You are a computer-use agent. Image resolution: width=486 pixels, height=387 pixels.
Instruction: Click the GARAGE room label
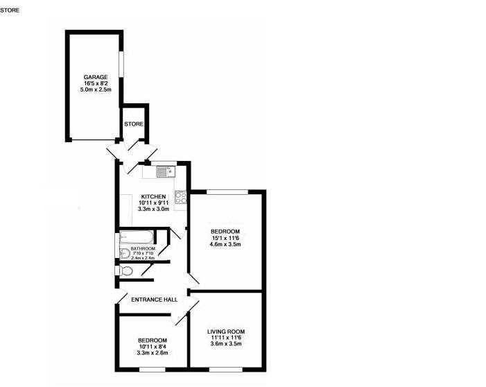(x=96, y=77)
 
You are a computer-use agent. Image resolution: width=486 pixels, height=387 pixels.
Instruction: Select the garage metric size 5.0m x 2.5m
(x=96, y=89)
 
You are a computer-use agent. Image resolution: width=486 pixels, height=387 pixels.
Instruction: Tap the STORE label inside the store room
(x=134, y=124)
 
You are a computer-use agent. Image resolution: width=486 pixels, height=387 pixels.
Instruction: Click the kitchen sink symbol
(x=166, y=171)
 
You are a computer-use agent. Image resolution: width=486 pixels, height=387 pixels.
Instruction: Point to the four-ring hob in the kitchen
(x=181, y=198)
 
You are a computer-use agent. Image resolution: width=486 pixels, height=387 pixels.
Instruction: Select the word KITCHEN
(x=153, y=196)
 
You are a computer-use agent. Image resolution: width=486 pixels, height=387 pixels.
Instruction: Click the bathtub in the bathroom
(x=137, y=237)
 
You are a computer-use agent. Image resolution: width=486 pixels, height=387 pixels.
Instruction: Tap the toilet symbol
(x=126, y=271)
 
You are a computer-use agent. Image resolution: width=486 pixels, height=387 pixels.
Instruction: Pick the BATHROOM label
(x=143, y=249)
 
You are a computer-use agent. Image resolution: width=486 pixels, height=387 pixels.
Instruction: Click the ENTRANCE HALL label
(x=155, y=300)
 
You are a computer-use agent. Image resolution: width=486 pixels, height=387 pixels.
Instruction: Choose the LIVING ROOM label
(x=226, y=332)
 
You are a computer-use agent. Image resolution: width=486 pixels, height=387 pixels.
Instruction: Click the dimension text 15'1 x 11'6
(x=225, y=238)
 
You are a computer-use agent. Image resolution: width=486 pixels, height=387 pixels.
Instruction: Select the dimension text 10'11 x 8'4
(x=153, y=347)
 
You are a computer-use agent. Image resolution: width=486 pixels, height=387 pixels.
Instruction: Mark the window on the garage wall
(x=121, y=64)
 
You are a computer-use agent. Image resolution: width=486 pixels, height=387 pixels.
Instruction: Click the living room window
(x=225, y=370)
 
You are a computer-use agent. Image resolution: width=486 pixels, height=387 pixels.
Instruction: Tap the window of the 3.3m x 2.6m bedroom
(x=153, y=370)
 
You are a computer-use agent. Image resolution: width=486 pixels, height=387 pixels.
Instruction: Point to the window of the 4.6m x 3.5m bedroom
(x=227, y=192)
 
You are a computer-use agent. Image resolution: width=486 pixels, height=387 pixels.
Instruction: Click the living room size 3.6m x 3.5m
(x=226, y=343)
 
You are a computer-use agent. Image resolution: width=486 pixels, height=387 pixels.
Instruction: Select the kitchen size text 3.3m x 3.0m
(x=153, y=209)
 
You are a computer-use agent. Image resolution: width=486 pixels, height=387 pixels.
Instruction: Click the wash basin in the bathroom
(x=125, y=254)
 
